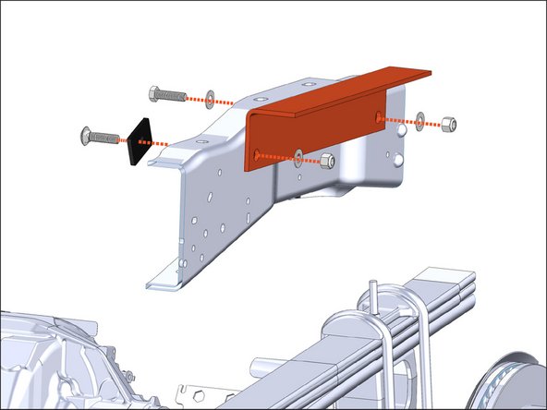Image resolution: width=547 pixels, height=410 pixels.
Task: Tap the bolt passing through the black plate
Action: [x=98, y=138]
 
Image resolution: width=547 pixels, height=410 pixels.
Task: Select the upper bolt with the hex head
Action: [x=166, y=94]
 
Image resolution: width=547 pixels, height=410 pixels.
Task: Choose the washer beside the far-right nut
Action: [x=421, y=119]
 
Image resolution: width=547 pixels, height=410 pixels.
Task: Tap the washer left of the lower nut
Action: [x=299, y=154]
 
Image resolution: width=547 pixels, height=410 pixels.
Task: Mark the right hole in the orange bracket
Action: [x=378, y=115]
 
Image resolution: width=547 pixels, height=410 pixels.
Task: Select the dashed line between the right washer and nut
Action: [x=433, y=121]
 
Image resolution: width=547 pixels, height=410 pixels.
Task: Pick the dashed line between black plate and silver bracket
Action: [x=171, y=144]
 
